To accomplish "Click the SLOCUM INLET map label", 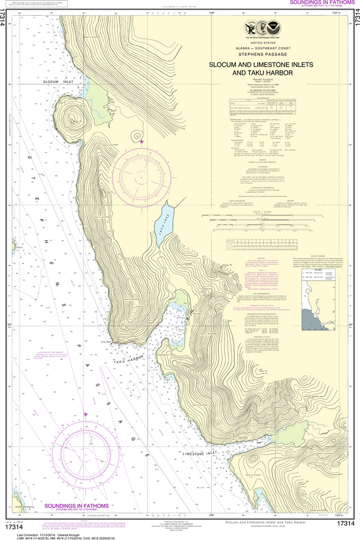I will tap(57, 82).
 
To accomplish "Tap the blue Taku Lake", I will tap(163, 225).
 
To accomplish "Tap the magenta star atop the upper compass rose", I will tap(141, 142).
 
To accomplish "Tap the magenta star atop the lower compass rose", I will tap(85, 414).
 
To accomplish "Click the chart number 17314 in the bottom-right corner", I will tap(345, 523).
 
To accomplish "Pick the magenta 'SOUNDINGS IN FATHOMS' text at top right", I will tap(323, 3).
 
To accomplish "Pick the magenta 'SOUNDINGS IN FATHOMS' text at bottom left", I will tap(76, 506).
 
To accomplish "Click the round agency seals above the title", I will tap(261, 29).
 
